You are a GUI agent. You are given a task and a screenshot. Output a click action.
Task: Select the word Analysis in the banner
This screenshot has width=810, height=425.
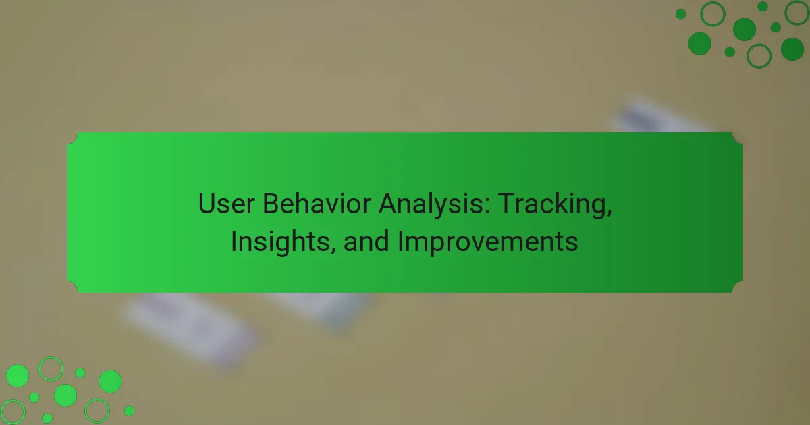[430, 204]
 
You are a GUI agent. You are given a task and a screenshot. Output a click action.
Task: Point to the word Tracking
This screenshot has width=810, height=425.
[551, 204]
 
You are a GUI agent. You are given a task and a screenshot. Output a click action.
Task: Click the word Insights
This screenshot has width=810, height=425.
[280, 242]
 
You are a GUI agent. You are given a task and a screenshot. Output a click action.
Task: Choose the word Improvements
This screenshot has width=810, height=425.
[488, 242]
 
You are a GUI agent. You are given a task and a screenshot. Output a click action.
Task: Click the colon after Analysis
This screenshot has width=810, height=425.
[487, 206]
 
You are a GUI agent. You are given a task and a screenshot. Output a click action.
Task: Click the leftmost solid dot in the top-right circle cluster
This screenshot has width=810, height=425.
[680, 14]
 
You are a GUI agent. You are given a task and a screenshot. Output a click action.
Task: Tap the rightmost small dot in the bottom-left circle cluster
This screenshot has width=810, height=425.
[129, 411]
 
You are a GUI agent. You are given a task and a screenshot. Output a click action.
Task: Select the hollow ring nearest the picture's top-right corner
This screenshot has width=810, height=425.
[797, 13]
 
